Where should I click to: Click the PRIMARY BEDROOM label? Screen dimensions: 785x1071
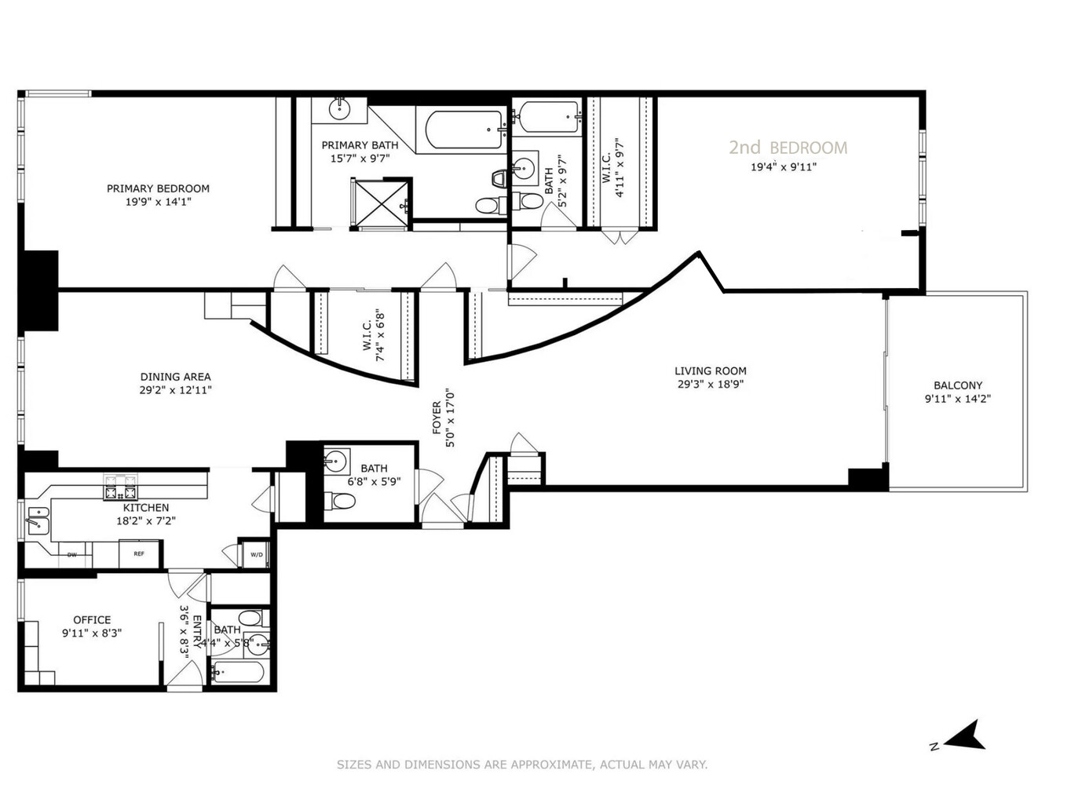(158, 188)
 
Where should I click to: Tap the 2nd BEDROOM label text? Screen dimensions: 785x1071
(788, 148)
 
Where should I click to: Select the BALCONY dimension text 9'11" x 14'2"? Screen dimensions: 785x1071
(957, 399)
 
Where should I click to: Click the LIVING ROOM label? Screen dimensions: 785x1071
(711, 371)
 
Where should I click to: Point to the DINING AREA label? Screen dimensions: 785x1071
(175, 377)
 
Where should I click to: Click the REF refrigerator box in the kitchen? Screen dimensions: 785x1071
(139, 554)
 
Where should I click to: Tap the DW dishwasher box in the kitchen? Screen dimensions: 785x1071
(72, 555)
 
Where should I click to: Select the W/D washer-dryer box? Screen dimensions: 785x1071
(257, 555)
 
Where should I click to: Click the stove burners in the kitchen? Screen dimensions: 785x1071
(120, 488)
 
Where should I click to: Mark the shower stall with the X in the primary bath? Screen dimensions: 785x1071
(381, 204)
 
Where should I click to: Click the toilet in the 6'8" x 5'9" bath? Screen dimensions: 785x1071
(341, 500)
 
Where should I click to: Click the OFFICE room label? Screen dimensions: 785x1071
(92, 620)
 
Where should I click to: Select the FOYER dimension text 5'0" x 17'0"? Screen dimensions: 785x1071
(450, 418)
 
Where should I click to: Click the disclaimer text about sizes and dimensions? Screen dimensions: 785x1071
(522, 765)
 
